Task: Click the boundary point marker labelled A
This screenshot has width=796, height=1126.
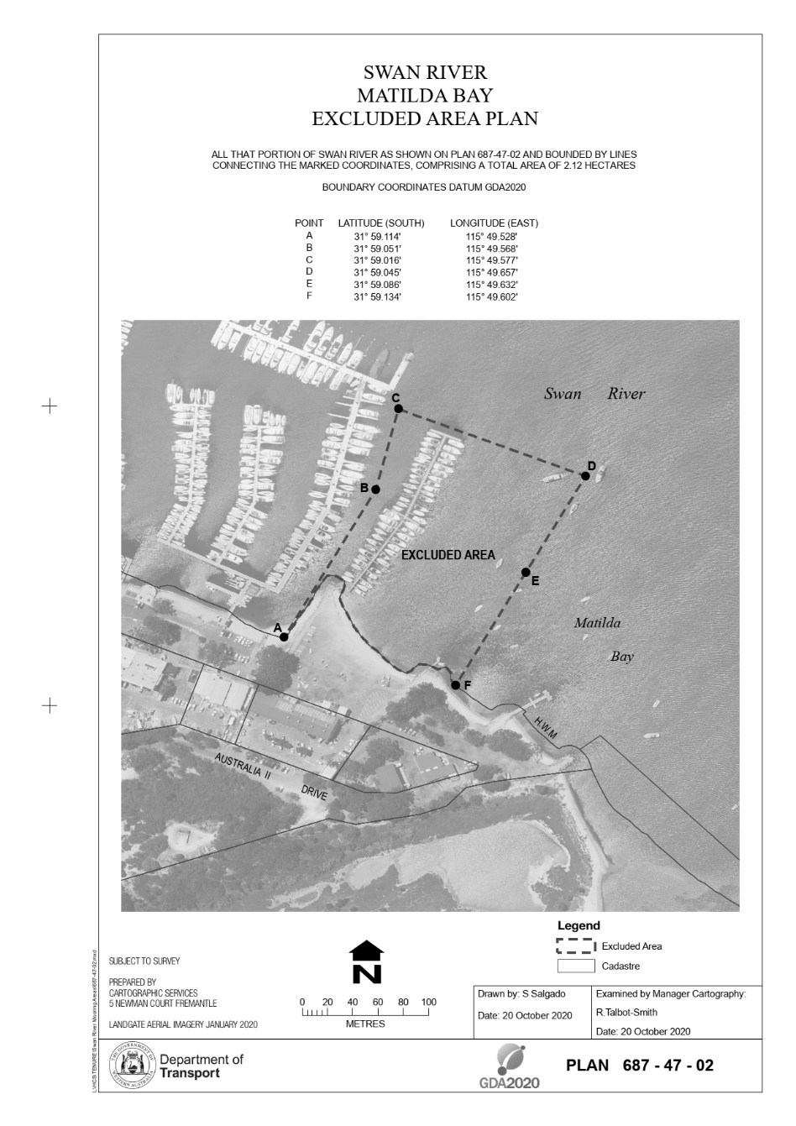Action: tap(284, 637)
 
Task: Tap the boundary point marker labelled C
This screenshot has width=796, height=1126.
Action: tap(399, 409)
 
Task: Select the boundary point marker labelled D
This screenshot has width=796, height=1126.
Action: tap(585, 476)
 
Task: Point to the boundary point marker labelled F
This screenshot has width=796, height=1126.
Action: tap(456, 685)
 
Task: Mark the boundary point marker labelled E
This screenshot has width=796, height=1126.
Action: tap(526, 573)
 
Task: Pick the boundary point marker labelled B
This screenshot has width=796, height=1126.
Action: tap(376, 489)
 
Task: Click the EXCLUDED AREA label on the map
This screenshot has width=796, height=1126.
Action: tap(448, 555)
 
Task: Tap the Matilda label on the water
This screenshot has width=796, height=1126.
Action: tap(597, 623)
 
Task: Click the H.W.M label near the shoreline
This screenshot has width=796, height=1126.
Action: tap(545, 728)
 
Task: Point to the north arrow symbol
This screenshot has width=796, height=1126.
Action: tap(367, 961)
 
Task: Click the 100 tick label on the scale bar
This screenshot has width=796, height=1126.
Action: tap(428, 1002)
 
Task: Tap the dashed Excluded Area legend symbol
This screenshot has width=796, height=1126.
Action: tap(575, 946)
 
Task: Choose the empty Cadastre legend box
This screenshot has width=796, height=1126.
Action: tap(575, 966)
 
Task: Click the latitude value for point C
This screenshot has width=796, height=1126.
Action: tap(378, 260)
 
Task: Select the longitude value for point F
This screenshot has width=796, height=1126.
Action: tap(492, 296)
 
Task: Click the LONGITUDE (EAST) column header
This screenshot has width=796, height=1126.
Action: tap(494, 223)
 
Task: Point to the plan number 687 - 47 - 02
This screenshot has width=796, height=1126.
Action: tap(668, 1066)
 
